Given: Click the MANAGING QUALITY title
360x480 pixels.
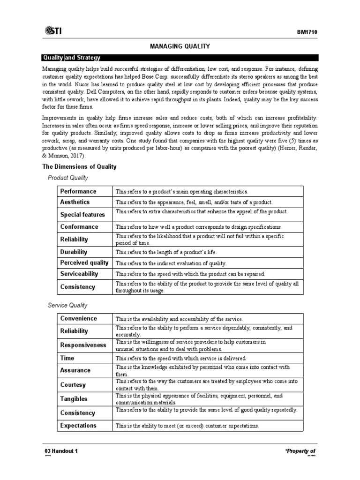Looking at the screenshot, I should point(180,46).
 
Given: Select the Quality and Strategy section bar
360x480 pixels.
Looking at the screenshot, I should point(180,58).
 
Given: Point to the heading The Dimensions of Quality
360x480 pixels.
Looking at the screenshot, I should point(80,166).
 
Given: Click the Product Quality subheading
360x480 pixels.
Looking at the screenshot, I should point(68,178).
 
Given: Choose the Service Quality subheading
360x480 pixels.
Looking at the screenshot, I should point(68,305).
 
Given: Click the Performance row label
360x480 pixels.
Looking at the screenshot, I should point(78,191).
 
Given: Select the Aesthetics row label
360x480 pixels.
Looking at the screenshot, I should point(75,202).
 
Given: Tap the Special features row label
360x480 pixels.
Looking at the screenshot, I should point(82,215).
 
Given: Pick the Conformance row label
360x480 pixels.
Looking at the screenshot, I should point(79,227).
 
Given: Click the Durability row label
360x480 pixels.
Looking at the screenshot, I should point(74,252).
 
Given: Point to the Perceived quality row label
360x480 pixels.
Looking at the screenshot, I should point(84,263).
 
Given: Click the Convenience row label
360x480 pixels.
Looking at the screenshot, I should point(79,319).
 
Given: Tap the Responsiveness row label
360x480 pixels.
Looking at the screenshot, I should point(83,345).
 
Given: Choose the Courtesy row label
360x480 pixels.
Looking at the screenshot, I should point(73,385).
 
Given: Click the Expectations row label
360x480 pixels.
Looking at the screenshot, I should point(78,426).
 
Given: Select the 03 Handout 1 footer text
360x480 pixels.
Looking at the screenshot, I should point(61,451).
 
